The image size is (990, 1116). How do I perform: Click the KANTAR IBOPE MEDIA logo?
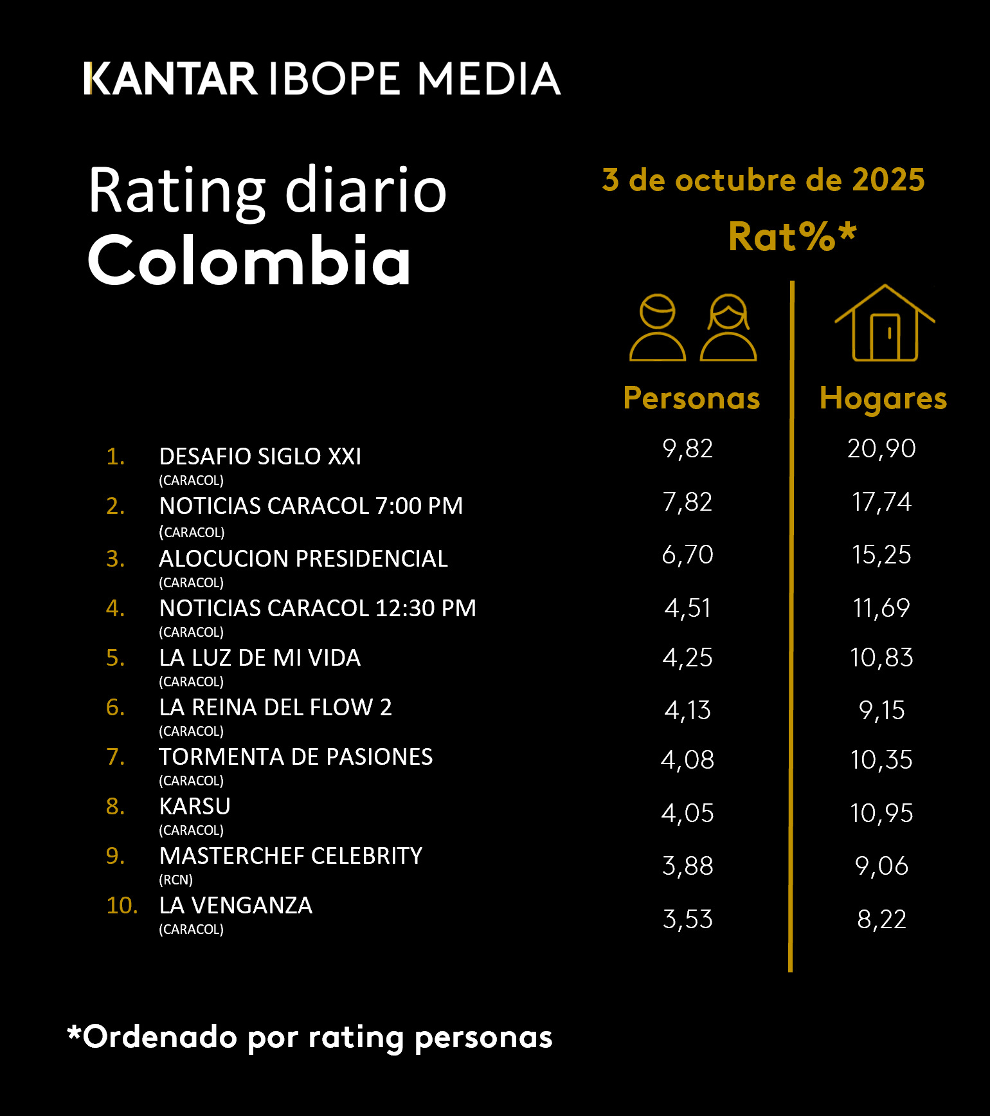(x=321, y=78)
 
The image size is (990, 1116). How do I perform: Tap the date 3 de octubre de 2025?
(x=763, y=180)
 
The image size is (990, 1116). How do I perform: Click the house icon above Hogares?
(x=885, y=324)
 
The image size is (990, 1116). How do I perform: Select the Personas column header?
(x=692, y=398)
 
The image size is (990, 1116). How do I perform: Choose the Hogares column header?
(x=883, y=398)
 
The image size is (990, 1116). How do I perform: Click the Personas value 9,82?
(x=688, y=449)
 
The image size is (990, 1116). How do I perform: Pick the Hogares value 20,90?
(x=881, y=449)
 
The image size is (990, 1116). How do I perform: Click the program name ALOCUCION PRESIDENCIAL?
(x=303, y=558)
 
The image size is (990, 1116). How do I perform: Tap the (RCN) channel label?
(x=175, y=880)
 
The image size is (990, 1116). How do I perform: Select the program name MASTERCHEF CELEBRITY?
(x=291, y=855)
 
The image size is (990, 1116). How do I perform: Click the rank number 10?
(x=122, y=906)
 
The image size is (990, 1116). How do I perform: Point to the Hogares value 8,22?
(x=881, y=920)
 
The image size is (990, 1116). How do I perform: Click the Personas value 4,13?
(x=688, y=711)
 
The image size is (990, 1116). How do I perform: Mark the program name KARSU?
(x=195, y=806)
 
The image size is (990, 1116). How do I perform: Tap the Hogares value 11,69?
(x=881, y=608)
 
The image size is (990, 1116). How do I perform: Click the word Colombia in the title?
(x=249, y=261)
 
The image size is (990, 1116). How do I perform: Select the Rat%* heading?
(x=792, y=237)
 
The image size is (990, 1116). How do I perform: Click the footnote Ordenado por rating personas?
(x=310, y=1037)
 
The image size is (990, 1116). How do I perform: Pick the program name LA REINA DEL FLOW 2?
(x=275, y=707)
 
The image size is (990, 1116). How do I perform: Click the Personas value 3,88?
(x=688, y=866)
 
